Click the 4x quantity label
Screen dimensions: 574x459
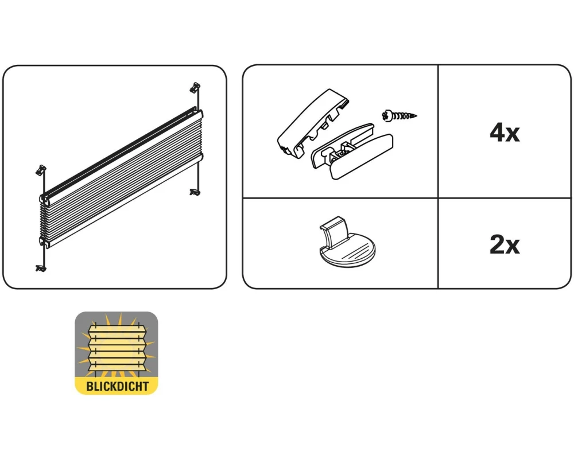pyautogui.click(x=505, y=133)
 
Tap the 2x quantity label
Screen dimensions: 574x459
pyautogui.click(x=505, y=244)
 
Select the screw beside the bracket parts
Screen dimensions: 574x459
pyautogui.click(x=399, y=116)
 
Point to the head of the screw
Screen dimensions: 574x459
pyautogui.click(x=386, y=116)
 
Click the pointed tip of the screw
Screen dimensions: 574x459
pyautogui.click(x=417, y=116)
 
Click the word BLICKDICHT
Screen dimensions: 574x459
pyautogui.click(x=117, y=386)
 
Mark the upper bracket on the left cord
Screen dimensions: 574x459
pyautogui.click(x=41, y=170)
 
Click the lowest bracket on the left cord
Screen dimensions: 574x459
pyautogui.click(x=41, y=269)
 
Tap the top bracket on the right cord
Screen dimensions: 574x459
pyautogui.click(x=196, y=87)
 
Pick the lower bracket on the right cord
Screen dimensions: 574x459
pyautogui.click(x=195, y=192)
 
